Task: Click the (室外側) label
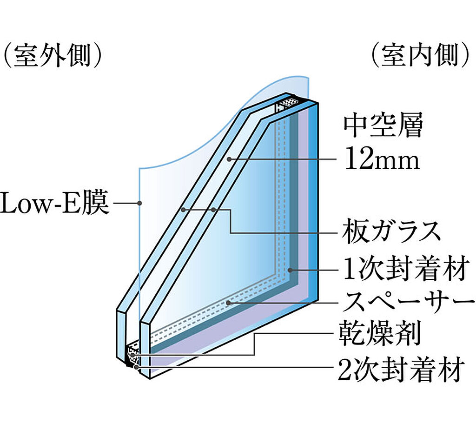point(52,56)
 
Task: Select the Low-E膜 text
point(55,203)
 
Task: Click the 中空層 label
point(383,125)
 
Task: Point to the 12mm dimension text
point(382,159)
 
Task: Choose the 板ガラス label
point(391,231)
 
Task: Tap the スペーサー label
point(408,302)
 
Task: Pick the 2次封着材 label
point(401,369)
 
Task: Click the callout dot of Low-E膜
point(139,203)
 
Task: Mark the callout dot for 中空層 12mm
point(230,159)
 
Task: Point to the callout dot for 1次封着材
point(290,270)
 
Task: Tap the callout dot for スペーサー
point(228,303)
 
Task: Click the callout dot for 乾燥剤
point(132,355)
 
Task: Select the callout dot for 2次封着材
point(136,367)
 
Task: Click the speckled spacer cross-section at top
point(288,102)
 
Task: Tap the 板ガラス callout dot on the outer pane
point(183,210)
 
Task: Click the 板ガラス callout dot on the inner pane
point(214,210)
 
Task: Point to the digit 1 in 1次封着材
point(349,269)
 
